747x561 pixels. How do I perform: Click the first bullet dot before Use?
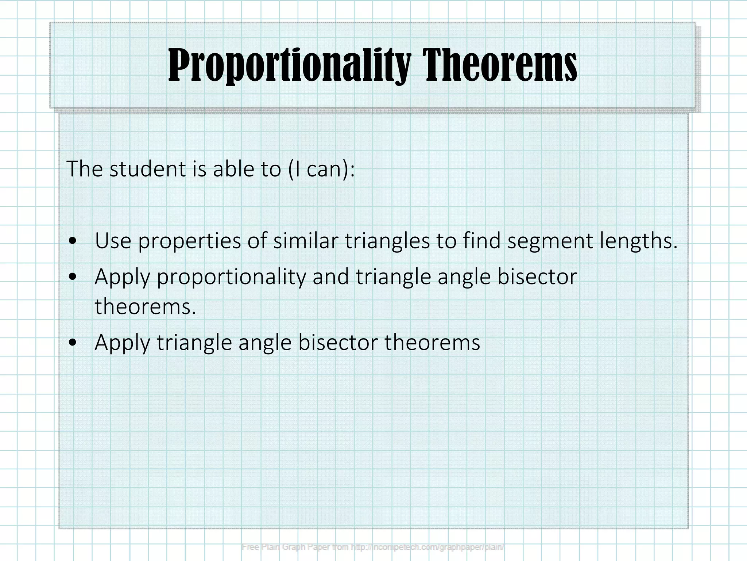pyautogui.click(x=74, y=241)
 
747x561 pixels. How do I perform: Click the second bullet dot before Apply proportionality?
pyautogui.click(x=74, y=277)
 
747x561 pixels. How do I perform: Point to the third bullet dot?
pyautogui.click(x=74, y=343)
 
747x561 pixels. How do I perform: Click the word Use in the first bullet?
pyautogui.click(x=113, y=241)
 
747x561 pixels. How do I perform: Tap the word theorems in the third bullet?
pyautogui.click(x=432, y=343)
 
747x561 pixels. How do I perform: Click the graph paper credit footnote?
pyautogui.click(x=373, y=547)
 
